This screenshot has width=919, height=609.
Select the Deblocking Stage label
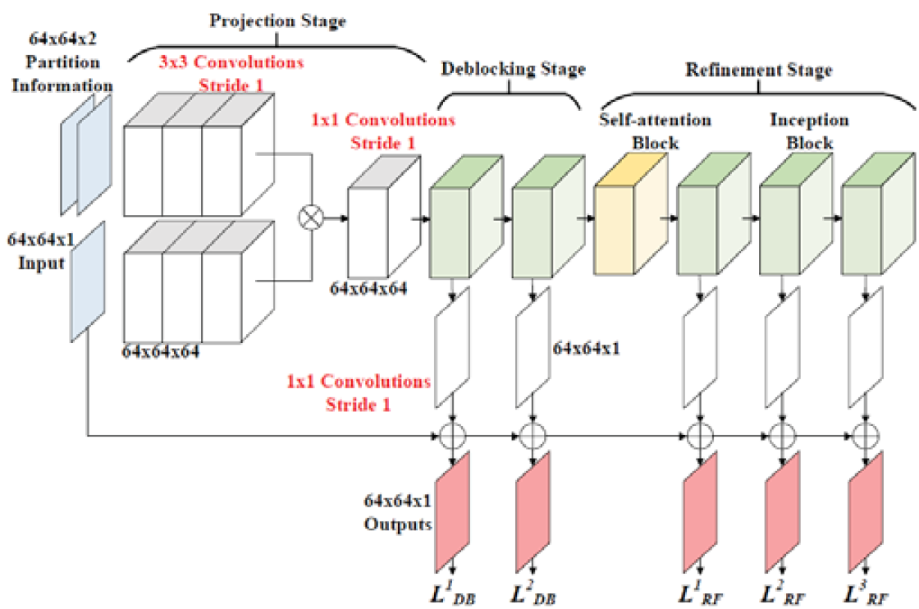coord(514,69)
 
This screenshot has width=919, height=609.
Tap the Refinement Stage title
coord(759,70)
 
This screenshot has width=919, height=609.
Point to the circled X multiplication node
coord(311,217)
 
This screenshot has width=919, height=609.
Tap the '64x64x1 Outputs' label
coord(398,512)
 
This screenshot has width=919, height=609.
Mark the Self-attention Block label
coord(655,131)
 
